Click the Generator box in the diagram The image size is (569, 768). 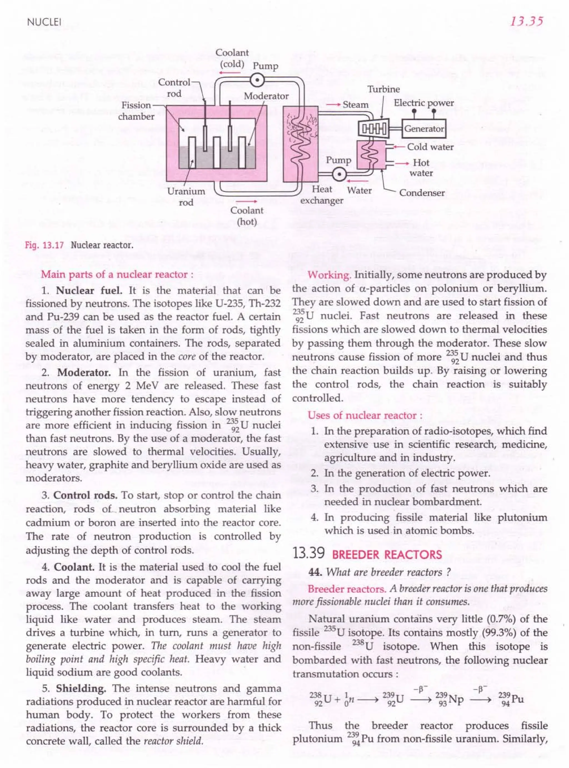[x=424, y=129]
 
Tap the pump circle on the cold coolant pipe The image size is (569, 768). [x=257, y=81]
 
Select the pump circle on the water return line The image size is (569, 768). [x=340, y=174]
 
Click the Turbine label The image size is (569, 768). [x=384, y=89]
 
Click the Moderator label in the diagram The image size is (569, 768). [x=266, y=96]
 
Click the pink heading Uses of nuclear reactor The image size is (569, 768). [x=365, y=415]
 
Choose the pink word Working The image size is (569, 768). [x=329, y=275]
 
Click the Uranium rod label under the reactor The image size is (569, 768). [x=186, y=197]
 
